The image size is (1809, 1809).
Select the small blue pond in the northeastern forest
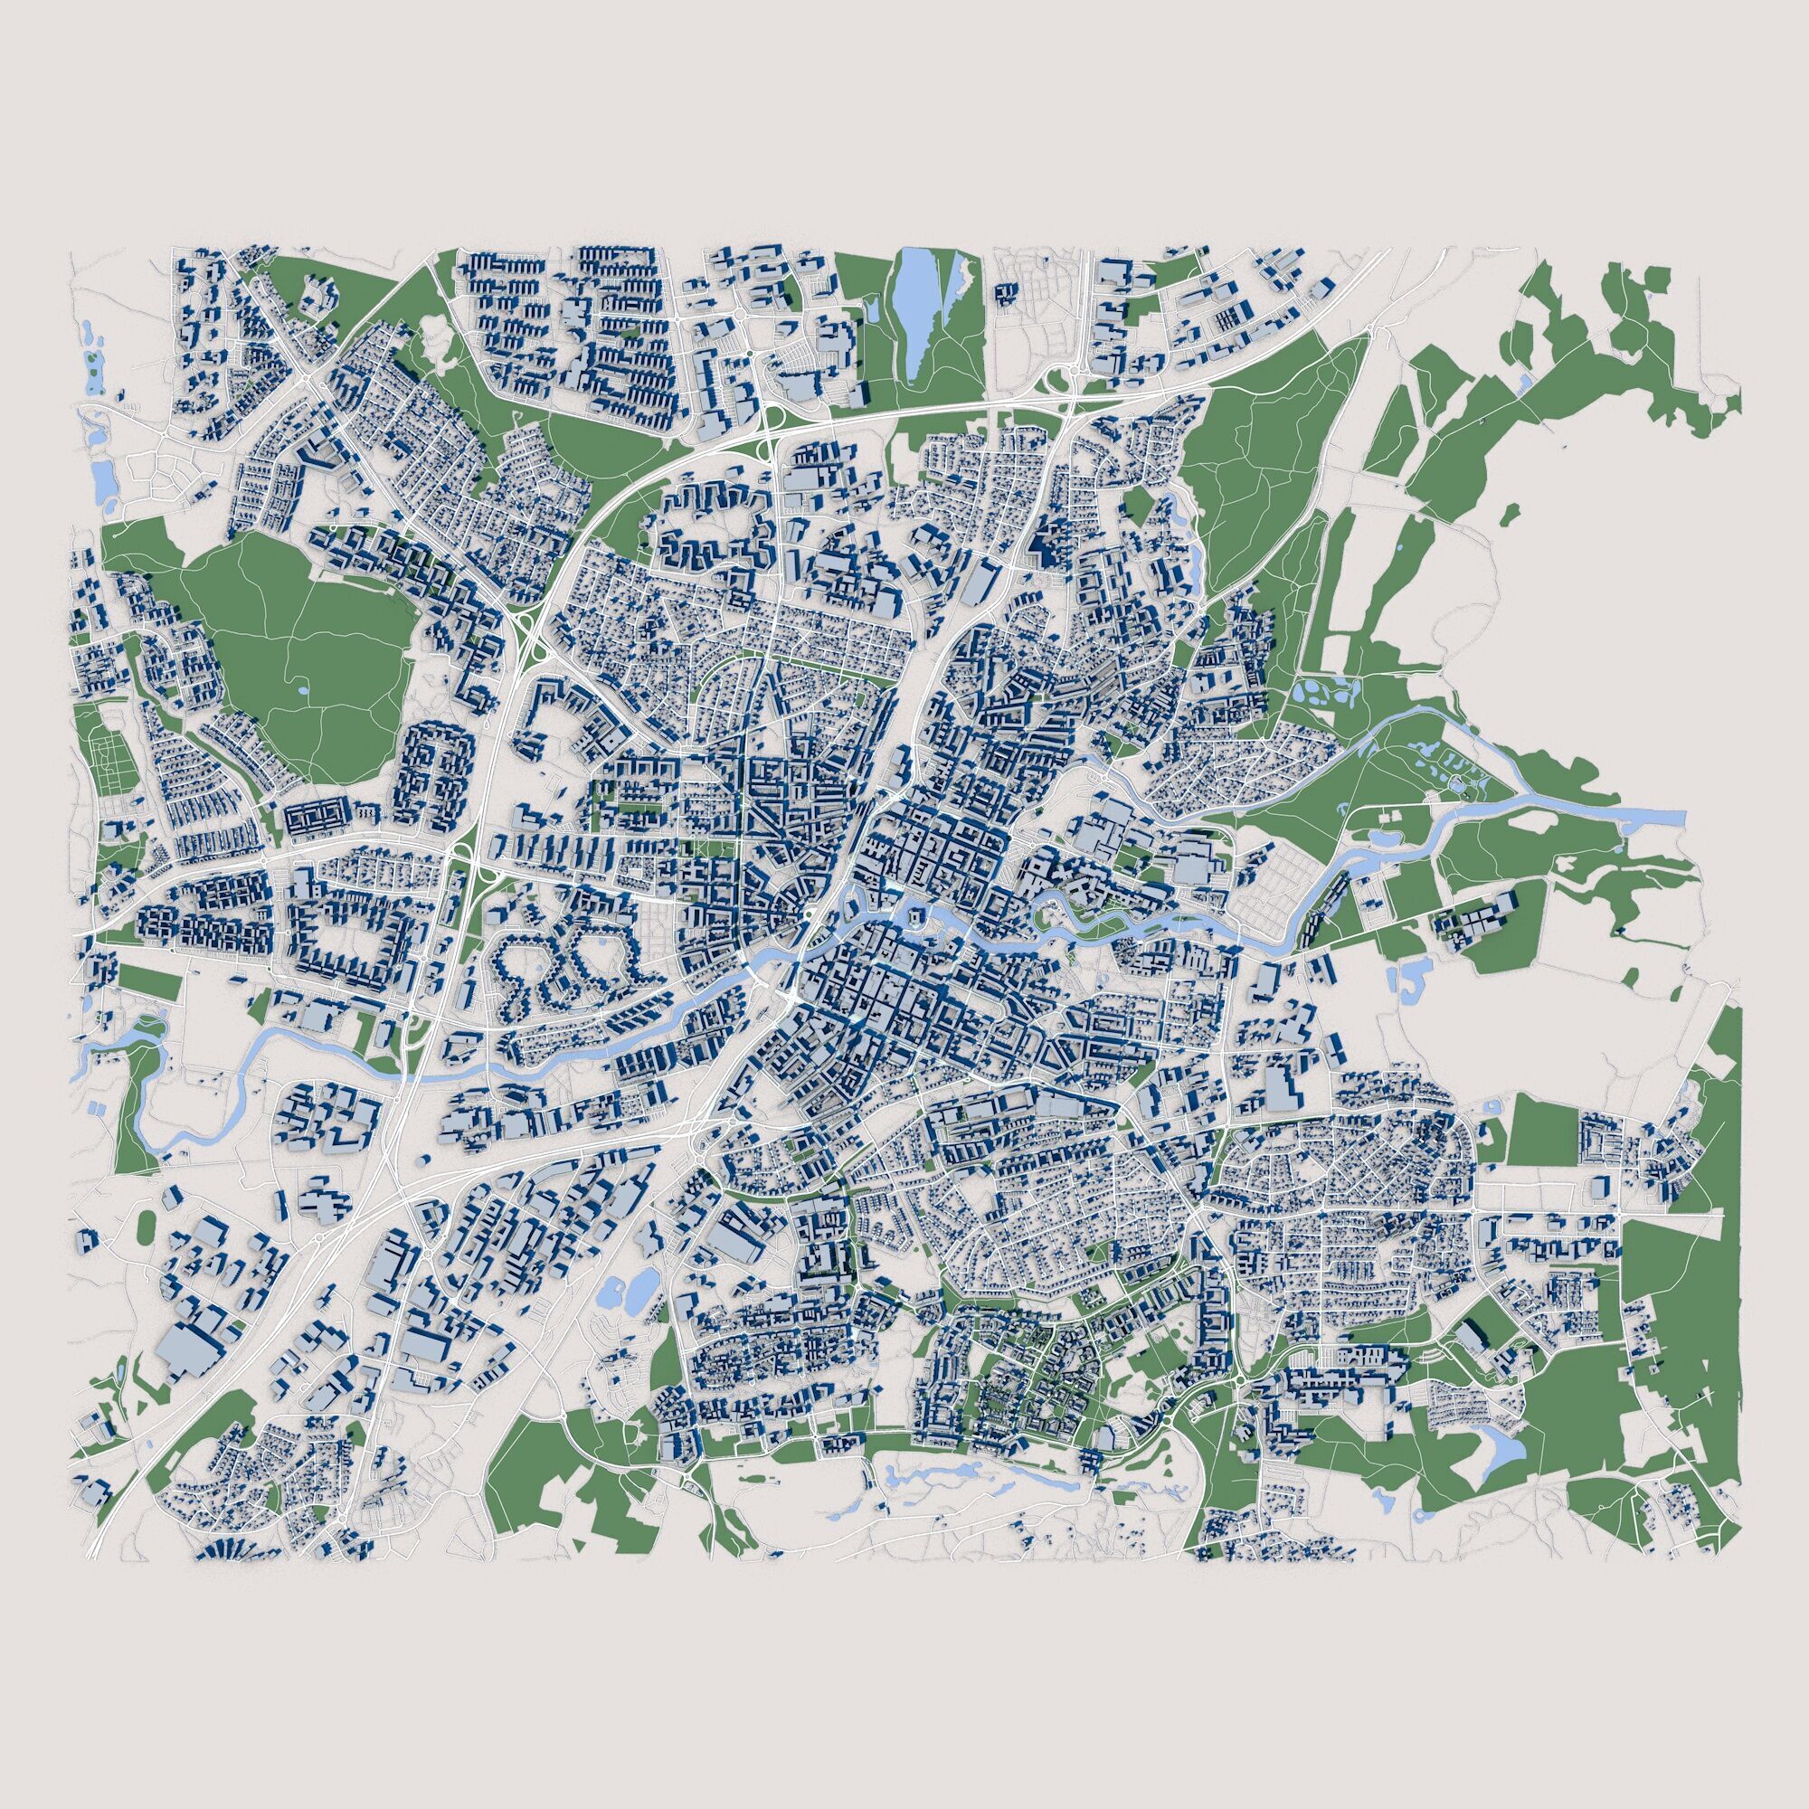tap(1524, 381)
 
